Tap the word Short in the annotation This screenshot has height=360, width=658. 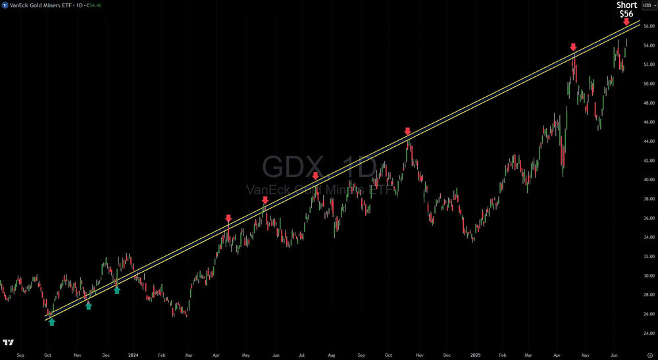click(626, 5)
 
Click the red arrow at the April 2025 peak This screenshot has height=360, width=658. click(573, 47)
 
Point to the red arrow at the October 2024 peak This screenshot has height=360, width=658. click(407, 132)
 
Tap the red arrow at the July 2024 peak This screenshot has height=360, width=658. click(315, 176)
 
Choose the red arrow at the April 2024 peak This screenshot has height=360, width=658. click(228, 219)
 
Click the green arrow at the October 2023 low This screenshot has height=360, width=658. click(52, 322)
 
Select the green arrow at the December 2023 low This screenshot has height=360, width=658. click(117, 290)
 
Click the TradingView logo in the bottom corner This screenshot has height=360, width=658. click(9, 343)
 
